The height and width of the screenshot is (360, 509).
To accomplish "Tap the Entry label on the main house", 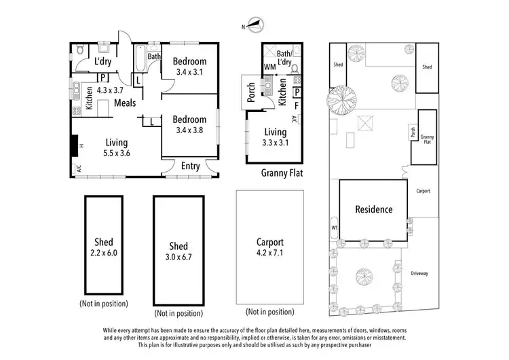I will [191, 166].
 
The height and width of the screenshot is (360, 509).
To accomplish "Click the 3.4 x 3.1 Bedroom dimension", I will [189, 71].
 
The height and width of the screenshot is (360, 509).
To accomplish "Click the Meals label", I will [125, 103].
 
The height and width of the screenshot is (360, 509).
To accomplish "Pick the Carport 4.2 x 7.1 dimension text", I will [269, 252].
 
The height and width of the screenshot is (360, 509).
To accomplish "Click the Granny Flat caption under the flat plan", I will [282, 173].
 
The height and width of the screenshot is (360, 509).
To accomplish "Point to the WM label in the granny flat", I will [271, 67].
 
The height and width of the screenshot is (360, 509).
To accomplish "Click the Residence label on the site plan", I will [374, 209].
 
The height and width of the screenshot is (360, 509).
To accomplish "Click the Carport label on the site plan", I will [425, 192].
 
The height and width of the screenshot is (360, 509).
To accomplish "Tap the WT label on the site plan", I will [334, 227].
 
